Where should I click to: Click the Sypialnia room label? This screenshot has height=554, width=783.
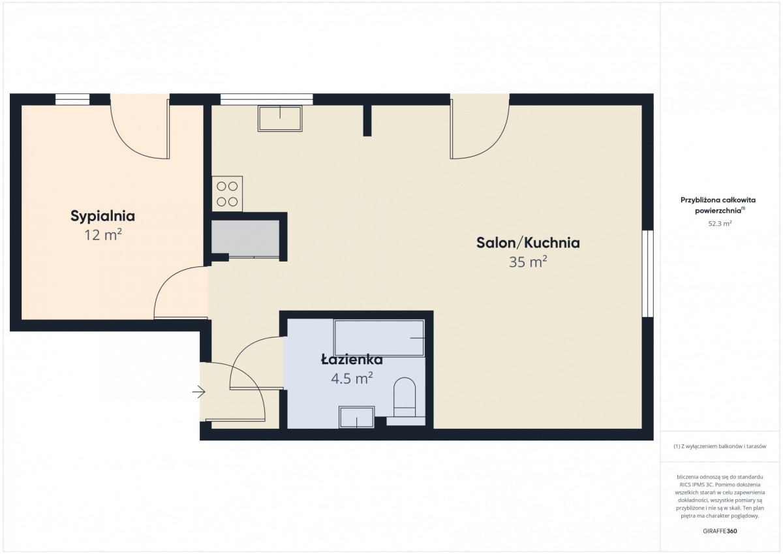(x=103, y=217)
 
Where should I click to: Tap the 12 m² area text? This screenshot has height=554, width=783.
(x=103, y=235)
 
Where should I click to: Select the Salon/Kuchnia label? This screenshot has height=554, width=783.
(x=528, y=243)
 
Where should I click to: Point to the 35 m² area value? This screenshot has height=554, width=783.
(x=528, y=262)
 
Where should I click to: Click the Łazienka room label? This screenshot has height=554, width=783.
(x=352, y=360)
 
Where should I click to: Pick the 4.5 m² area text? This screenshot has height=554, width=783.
(x=352, y=378)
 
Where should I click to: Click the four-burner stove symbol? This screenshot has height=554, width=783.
(x=227, y=194)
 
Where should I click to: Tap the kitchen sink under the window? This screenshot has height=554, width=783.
(x=280, y=119)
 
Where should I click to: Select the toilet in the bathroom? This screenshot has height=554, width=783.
(x=405, y=397)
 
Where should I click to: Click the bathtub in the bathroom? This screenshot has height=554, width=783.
(x=379, y=337)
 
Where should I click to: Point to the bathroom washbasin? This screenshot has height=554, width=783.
(x=356, y=417)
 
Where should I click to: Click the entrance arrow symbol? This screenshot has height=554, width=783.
(x=198, y=392)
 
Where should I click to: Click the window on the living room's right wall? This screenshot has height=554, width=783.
(x=648, y=273)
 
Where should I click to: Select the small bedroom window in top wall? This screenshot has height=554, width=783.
(x=72, y=99)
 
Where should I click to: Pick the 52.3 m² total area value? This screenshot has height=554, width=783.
(x=720, y=223)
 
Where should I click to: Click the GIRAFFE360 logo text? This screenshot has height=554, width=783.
(x=720, y=531)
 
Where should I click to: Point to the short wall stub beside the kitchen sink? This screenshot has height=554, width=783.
(x=367, y=121)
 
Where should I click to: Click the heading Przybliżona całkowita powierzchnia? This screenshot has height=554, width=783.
(x=718, y=205)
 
